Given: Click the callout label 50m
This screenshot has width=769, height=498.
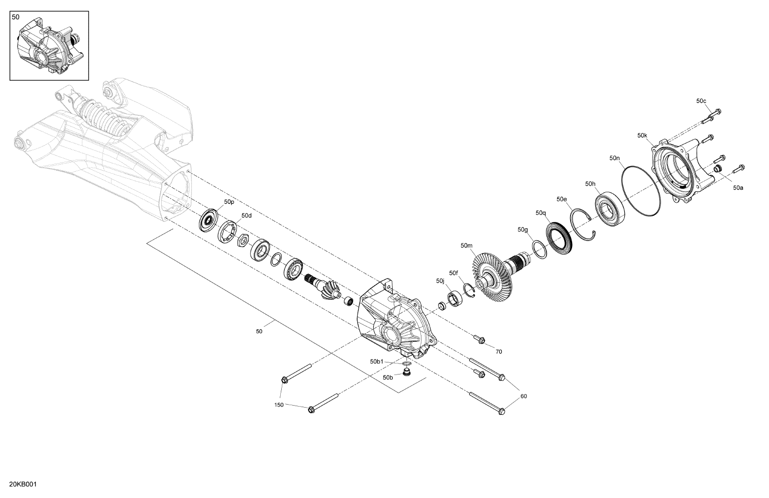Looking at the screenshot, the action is (x=467, y=245).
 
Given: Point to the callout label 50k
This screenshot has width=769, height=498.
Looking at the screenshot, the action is (x=642, y=136).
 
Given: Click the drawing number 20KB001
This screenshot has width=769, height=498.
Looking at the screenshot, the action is (x=23, y=484).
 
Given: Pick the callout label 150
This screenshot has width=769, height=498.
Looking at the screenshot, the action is (x=279, y=405).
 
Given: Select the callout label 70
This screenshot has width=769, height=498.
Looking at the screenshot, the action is (x=499, y=352).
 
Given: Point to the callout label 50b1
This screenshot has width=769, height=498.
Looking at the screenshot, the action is (x=377, y=361).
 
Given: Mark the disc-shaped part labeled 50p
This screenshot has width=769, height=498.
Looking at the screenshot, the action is (x=208, y=220).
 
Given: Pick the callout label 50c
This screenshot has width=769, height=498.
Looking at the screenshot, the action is (x=701, y=101).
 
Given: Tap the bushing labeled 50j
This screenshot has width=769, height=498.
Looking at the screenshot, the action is (x=455, y=299).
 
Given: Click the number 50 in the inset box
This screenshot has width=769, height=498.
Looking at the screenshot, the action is (x=16, y=17).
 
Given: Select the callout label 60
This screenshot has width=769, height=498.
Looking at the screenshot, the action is (x=523, y=396).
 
